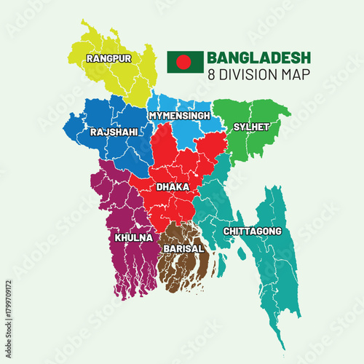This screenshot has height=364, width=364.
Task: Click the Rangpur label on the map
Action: [x=108, y=58]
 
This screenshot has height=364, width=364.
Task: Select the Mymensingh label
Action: [x=179, y=116]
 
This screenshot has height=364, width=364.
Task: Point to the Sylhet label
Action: [x=251, y=127]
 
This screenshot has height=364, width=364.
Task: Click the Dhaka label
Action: [x=173, y=187]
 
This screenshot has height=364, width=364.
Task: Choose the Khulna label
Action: [x=133, y=238]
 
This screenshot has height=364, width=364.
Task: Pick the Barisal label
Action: [x=183, y=248]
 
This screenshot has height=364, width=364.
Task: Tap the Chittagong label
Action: [x=252, y=232]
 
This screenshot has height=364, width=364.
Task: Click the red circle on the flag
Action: [x=184, y=62]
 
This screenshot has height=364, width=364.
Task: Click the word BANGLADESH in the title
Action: [x=258, y=58]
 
